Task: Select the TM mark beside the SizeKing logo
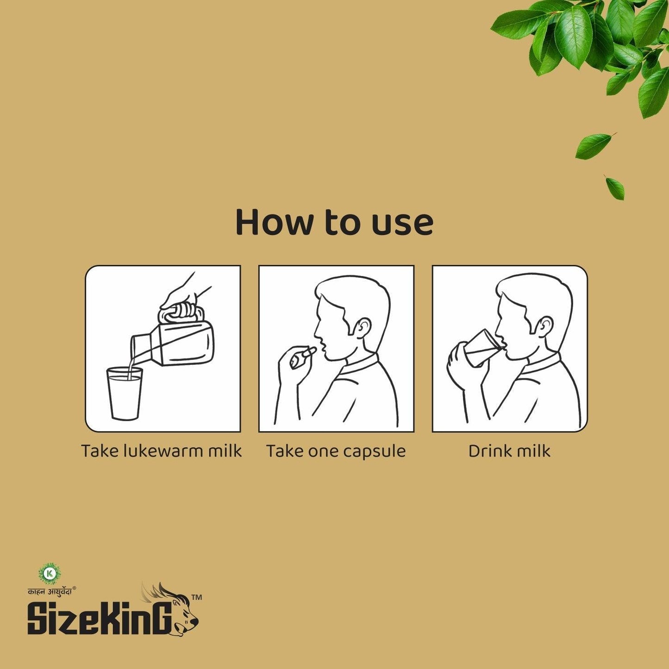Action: (196, 598)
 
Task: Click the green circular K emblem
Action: (50, 573)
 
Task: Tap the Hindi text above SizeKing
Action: (50, 590)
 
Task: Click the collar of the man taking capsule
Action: (361, 366)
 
